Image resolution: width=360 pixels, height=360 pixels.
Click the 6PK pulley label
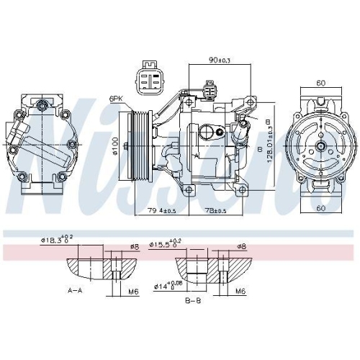115,98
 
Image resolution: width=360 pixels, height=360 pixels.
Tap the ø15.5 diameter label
163,246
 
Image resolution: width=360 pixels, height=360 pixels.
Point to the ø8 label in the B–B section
242,247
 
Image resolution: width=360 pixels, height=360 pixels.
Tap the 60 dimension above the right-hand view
320,84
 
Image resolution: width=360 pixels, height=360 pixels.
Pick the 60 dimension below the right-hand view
320,209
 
